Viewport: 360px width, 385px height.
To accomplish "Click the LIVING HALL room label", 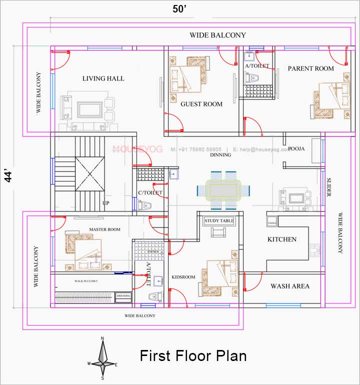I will pyautogui.click(x=103, y=78).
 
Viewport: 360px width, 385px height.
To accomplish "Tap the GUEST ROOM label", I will pyautogui.click(x=201, y=104).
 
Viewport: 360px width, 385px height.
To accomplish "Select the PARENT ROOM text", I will pyautogui.click(x=310, y=68).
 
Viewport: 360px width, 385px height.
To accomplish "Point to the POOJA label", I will pyautogui.click(x=296, y=148).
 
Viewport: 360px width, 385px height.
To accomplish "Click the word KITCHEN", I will pyautogui.click(x=282, y=239).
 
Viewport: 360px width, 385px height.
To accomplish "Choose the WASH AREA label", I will pyautogui.click(x=290, y=286).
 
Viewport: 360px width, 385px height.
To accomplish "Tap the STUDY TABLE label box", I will pyautogui.click(x=219, y=220).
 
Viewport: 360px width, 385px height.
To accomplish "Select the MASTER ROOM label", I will pyautogui.click(x=105, y=229).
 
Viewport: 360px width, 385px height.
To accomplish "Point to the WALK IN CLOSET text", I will pyautogui.click(x=86, y=281).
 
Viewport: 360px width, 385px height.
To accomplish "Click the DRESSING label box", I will pyautogui.click(x=123, y=296).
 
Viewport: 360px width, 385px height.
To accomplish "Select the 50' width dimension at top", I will pyautogui.click(x=180, y=9).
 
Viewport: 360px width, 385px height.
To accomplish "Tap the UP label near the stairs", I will pyautogui.click(x=106, y=203).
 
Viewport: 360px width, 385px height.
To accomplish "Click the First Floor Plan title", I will pyautogui.click(x=193, y=356).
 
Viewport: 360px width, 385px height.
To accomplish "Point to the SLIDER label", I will pyautogui.click(x=329, y=187).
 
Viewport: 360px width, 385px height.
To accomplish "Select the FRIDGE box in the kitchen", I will pyautogui.click(x=272, y=222).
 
